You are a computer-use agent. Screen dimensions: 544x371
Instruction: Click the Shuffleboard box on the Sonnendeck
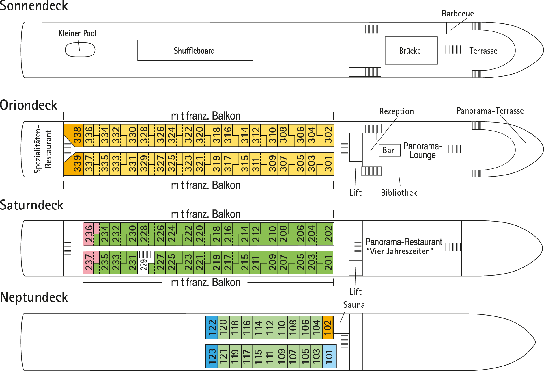coord(195,50)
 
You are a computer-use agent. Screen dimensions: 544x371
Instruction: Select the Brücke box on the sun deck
coord(411,51)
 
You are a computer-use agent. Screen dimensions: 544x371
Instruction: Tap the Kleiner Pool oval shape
coord(80,50)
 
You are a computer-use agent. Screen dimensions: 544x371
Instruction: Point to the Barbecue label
coord(458,14)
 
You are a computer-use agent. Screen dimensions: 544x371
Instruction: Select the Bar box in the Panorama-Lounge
coord(389,150)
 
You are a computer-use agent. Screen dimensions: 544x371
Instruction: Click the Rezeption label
coord(396,111)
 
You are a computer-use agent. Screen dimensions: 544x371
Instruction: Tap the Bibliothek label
coord(399,193)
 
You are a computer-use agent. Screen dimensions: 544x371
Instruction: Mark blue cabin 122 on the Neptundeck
coord(212,327)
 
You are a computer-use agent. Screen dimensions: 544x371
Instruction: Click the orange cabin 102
coord(328,327)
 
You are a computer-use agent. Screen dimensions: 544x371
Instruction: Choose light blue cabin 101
coord(329,356)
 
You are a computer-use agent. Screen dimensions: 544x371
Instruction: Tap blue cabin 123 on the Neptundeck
coord(212,356)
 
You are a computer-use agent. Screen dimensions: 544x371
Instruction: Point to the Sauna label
coord(354,305)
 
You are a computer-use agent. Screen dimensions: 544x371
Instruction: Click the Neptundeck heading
coord(34,297)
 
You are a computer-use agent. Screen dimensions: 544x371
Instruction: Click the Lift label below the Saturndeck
coord(355,292)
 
